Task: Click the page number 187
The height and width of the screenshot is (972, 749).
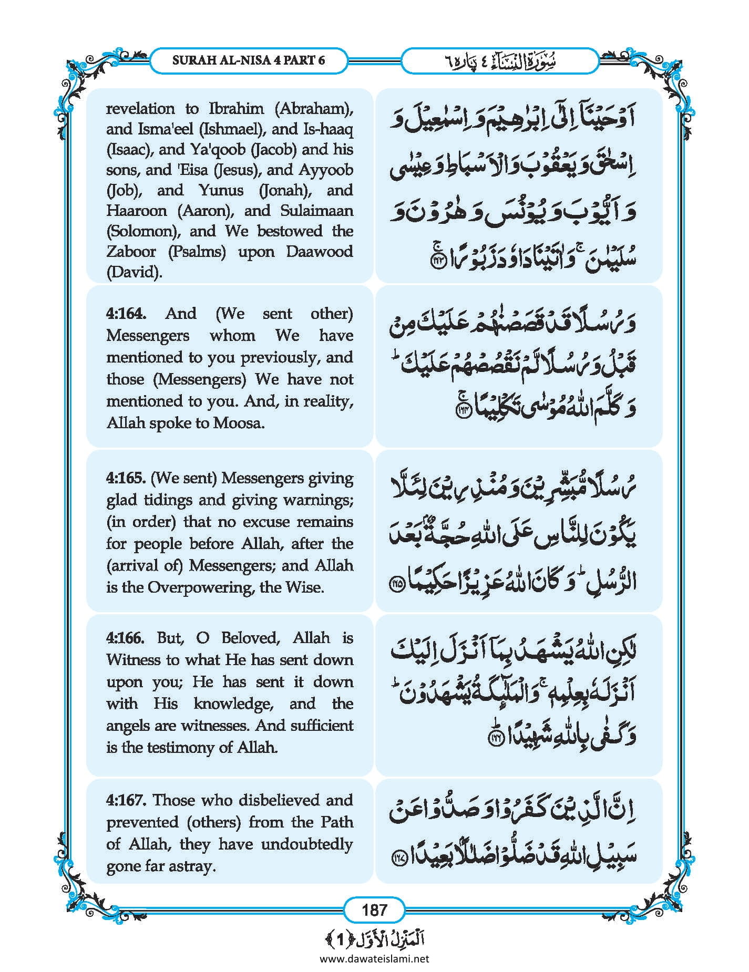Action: click(x=374, y=909)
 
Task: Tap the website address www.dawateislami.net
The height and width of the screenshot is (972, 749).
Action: click(x=374, y=958)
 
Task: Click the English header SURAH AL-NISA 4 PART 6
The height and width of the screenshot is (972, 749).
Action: click(x=249, y=60)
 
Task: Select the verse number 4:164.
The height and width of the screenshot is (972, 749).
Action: click(x=125, y=314)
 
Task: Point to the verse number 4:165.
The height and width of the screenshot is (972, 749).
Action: click(x=125, y=478)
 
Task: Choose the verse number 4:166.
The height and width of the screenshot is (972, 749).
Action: click(x=125, y=638)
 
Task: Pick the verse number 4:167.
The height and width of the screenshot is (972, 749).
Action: click(x=125, y=800)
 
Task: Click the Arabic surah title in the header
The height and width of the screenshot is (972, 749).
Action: click(x=499, y=61)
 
